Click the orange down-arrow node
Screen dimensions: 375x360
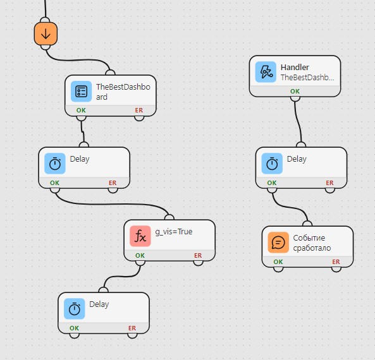(46, 33)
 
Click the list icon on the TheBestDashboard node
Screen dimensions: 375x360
(82, 91)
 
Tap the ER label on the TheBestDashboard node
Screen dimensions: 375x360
(139, 110)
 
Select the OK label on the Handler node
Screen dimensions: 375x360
(295, 91)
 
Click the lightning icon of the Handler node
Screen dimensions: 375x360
(266, 72)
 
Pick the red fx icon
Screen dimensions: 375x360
(140, 236)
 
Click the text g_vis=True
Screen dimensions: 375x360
(174, 232)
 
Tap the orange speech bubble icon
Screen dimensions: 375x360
(278, 243)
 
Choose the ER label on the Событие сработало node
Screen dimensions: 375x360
(336, 262)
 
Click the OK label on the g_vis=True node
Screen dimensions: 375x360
(140, 255)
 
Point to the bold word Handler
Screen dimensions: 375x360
(295, 68)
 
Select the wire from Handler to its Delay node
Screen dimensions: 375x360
(298, 122)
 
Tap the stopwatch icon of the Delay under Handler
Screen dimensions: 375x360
(272, 164)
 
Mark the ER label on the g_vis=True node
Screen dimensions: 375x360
(198, 255)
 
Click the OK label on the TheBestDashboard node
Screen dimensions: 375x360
(81, 110)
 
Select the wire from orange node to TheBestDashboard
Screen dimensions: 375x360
(77, 60)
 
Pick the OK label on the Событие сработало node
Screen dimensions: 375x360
(278, 262)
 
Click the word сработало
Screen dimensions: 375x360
(312, 248)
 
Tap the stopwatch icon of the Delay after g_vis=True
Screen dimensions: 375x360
(75, 309)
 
